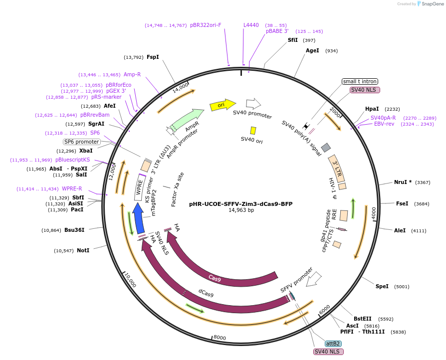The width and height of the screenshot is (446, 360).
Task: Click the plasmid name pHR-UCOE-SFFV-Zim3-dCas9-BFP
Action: (x=240, y=203)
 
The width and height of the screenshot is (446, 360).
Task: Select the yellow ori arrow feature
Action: (x=222, y=105)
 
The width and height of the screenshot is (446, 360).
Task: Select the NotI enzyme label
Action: (x=83, y=250)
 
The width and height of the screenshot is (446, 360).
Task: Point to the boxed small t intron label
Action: (x=360, y=81)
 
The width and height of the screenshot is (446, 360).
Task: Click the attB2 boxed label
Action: (x=333, y=344)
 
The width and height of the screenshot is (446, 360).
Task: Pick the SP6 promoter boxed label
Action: (x=82, y=142)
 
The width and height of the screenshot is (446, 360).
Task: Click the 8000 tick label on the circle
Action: (x=220, y=338)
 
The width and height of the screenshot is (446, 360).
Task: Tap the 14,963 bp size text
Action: (x=241, y=210)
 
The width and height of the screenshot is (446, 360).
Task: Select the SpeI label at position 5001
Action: (x=382, y=286)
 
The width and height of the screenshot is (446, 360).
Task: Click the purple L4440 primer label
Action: (x=251, y=25)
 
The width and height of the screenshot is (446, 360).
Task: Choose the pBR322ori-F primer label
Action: (x=206, y=25)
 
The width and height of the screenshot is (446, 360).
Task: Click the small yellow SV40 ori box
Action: (x=253, y=130)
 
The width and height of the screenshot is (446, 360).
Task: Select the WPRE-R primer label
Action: (x=72, y=189)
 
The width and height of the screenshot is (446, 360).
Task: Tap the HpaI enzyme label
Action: (x=372, y=109)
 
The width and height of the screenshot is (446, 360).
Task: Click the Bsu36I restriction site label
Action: (x=74, y=230)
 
